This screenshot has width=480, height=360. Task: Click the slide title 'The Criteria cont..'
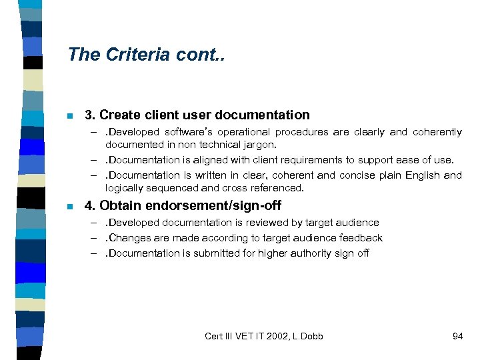tap(147, 55)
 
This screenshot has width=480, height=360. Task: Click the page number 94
tap(457, 336)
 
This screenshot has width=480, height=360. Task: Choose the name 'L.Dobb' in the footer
tap(307, 336)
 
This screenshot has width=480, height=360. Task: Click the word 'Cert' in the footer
tap(215, 336)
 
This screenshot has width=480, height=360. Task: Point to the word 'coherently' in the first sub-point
tap(437, 132)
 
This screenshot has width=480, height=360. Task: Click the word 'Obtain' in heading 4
tap(121, 206)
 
